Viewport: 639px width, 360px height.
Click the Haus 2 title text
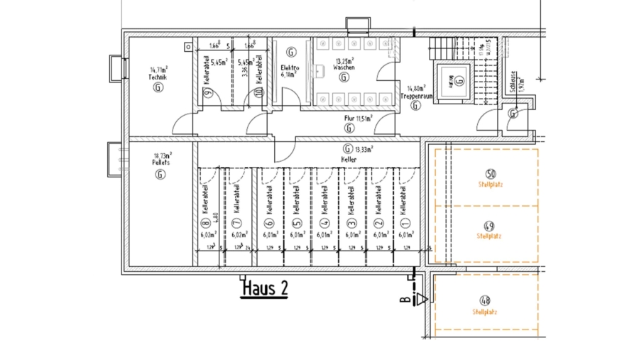coord(265,289)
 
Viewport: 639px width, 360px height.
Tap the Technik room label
coord(157,77)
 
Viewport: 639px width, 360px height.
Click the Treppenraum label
coord(415,94)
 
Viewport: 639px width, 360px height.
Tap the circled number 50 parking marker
coord(490,174)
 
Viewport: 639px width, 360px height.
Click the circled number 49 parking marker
coord(489,226)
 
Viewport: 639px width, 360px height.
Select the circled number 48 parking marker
coord(485,300)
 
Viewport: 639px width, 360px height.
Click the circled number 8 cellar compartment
coord(207,223)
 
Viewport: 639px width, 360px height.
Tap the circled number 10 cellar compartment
coord(259,92)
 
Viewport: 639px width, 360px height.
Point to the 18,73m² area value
coord(163,156)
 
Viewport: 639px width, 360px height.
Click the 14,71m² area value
coord(158,70)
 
